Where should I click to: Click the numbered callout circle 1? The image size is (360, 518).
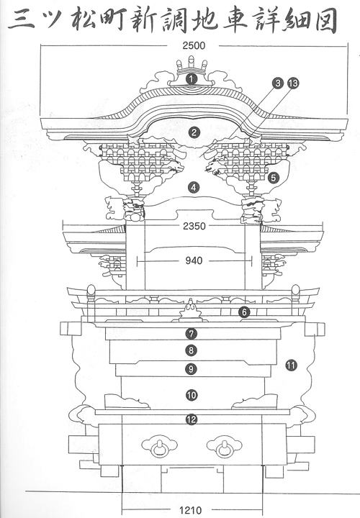point(192,78)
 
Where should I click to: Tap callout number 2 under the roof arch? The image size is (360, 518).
point(194,133)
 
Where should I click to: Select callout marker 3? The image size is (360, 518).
point(278,83)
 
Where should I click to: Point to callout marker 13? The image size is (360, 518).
point(293,83)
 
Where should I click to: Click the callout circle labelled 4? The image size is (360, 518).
point(194,188)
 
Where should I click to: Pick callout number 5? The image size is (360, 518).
point(274,178)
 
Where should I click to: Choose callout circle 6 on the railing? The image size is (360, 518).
point(244,312)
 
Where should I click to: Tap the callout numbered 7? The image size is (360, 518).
point(192,334)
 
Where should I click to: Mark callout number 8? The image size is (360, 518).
point(192,350)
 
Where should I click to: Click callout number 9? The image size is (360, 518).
point(192,368)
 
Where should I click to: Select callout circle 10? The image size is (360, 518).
point(192,395)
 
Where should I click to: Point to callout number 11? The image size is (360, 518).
point(291,365)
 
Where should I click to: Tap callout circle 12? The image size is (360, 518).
point(192,419)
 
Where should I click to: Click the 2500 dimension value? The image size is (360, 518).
point(194,45)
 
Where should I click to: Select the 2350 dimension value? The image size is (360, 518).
point(194,227)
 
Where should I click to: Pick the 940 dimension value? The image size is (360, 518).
point(194,260)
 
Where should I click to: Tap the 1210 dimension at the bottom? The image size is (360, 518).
point(190,510)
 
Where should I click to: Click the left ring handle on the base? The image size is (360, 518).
point(160,446)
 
